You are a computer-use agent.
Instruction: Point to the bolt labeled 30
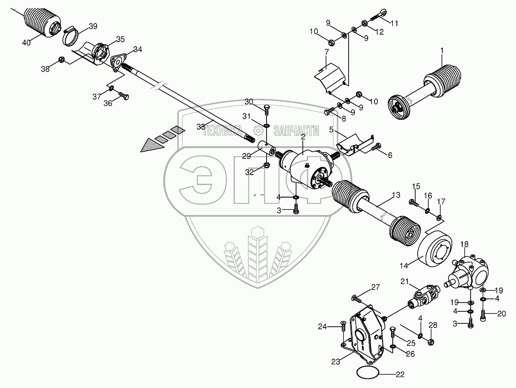pyautogui.click(x=266, y=110)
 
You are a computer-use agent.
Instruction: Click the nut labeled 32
pyautogui.click(x=267, y=165)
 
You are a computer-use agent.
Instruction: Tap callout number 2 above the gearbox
pyautogui.click(x=303, y=136)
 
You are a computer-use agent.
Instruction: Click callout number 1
pyautogui.click(x=442, y=50)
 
